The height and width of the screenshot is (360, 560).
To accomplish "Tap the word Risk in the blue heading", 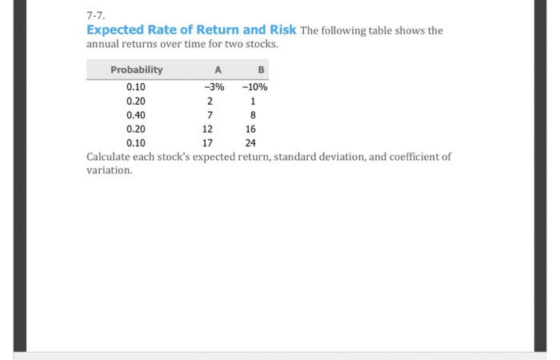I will point(281,30).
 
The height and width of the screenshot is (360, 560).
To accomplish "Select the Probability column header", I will point(136,70).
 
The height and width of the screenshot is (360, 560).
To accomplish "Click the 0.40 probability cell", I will point(136,115).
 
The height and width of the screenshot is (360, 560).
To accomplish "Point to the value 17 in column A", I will point(208,144).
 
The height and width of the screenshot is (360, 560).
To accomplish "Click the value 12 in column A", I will point(208,130).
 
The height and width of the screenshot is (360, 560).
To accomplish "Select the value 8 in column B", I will point(252,115).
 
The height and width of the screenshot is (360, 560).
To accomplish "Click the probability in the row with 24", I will point(136,144).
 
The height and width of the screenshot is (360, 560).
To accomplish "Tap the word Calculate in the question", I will point(110,157).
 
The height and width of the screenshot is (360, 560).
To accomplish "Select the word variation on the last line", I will point(108,170).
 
